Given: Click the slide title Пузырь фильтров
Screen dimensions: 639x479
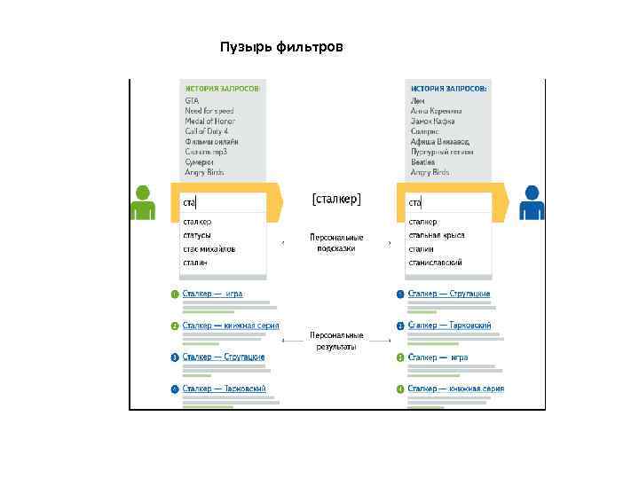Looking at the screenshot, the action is tap(280, 46).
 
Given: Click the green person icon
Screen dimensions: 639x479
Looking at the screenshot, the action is tap(143, 202).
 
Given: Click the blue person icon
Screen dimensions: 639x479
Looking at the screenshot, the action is tap(532, 202).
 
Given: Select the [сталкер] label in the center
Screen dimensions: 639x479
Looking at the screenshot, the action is tap(336, 200).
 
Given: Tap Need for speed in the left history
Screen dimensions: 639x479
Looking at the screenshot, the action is tap(210, 111).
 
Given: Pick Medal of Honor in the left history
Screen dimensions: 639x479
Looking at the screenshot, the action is tap(211, 121).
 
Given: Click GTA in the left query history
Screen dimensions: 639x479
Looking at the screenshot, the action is tap(192, 100).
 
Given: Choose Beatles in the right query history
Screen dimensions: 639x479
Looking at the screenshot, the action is tap(422, 162).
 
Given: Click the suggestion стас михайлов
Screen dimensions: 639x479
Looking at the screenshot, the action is tap(209, 249).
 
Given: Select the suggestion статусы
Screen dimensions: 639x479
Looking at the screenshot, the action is tap(197, 235).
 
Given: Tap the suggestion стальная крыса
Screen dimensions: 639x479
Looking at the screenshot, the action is tap(437, 235).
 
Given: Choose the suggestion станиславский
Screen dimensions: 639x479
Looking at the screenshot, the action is tap(435, 263).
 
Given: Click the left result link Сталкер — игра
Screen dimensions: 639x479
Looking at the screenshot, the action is tap(213, 294).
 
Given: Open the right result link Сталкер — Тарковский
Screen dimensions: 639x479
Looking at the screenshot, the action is tap(450, 326).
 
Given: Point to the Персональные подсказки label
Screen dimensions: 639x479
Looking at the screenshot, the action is tap(336, 243).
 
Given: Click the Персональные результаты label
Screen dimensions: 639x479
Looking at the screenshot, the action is tap(336, 342).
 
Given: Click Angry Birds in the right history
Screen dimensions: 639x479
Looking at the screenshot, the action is tap(430, 172).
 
